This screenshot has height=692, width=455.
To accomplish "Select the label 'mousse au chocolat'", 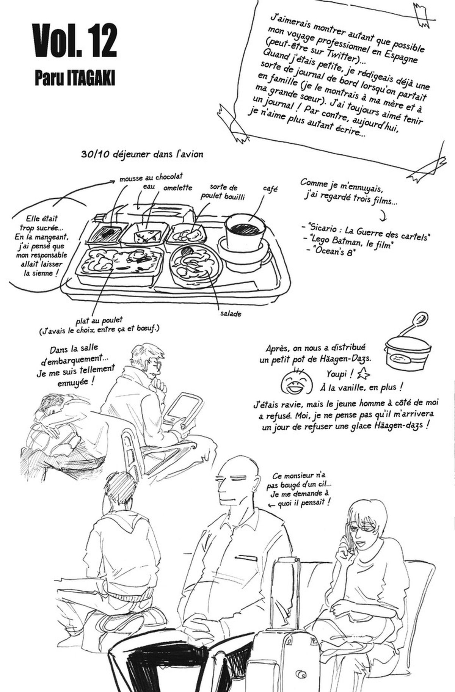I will pyautogui.click(x=151, y=177).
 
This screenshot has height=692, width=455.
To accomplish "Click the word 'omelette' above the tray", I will pyautogui.click(x=178, y=188).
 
